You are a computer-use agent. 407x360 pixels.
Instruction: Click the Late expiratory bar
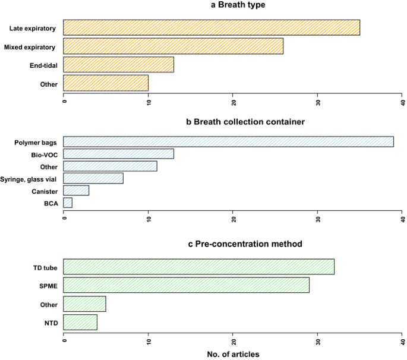pos(212,28)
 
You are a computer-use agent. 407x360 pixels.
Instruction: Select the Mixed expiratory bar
pos(173,46)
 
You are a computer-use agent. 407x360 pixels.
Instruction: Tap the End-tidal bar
pos(118,65)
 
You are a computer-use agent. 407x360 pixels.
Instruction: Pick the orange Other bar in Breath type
pos(106,83)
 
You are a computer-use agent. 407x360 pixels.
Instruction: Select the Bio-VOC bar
pos(118,154)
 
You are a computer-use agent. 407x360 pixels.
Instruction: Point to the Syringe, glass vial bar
pos(93,179)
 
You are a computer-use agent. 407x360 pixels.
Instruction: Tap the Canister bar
pos(76,191)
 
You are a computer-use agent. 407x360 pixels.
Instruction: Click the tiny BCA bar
pos(68,203)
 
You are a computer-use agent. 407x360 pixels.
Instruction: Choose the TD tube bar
pos(198,267)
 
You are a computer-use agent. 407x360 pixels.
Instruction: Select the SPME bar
pos(186,285)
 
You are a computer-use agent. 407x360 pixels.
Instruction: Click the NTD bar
pos(80,322)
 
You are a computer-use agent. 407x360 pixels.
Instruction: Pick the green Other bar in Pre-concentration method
pos(84,304)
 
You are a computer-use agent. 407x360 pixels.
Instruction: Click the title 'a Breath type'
pos(232,5)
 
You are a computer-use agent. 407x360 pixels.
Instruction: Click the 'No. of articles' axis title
pos(232,355)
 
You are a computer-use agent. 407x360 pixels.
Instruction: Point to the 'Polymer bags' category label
pos(36,143)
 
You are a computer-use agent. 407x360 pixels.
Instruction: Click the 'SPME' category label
pos(48,286)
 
